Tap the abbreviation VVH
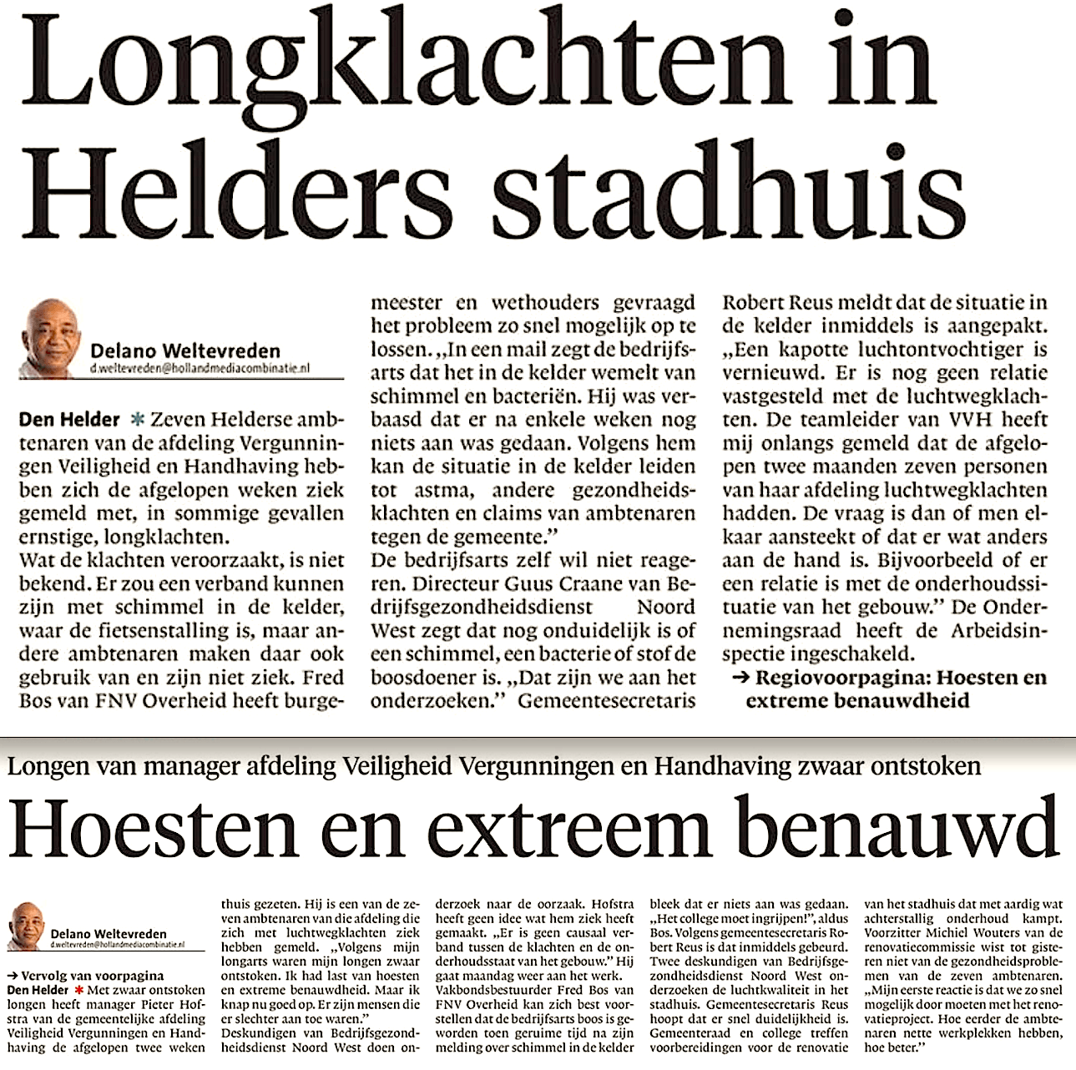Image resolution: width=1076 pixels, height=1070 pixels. tap(941, 420)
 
